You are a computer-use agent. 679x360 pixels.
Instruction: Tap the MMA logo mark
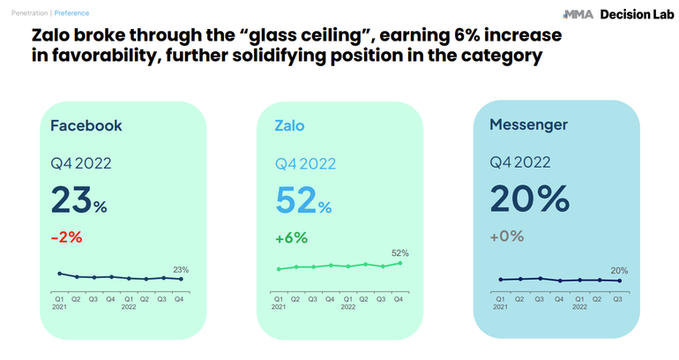(x=578, y=14)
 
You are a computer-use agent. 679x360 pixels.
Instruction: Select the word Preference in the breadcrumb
(x=70, y=13)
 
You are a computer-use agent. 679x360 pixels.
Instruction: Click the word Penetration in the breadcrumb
(x=26, y=13)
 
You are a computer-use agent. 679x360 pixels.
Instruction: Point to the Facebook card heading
(x=86, y=125)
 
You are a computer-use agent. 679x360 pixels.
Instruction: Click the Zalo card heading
(x=289, y=125)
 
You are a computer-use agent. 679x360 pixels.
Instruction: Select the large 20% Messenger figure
(x=529, y=199)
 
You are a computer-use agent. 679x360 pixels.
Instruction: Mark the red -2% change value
(x=68, y=236)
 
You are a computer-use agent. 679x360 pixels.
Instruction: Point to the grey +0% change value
(x=507, y=236)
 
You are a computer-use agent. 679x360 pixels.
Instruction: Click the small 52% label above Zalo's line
(x=399, y=252)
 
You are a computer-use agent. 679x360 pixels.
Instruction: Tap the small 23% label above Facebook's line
(x=181, y=269)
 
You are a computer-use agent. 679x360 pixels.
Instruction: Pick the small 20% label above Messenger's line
(x=618, y=271)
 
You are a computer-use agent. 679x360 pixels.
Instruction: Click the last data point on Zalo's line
(x=399, y=263)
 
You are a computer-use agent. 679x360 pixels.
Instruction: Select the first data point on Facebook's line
(x=59, y=274)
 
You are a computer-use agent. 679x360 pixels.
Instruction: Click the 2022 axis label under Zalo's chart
(x=347, y=306)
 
